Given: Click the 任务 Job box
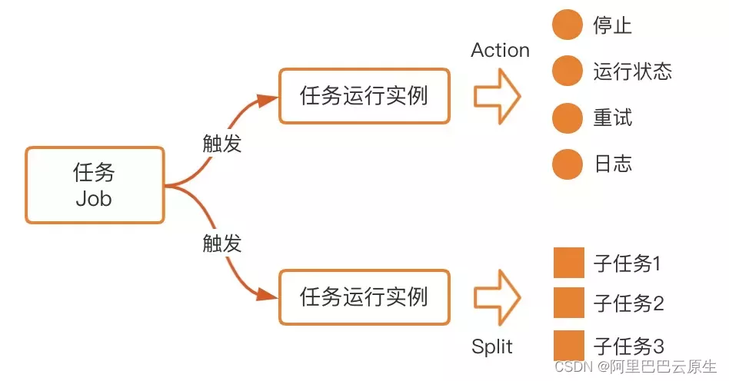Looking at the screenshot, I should (x=95, y=185).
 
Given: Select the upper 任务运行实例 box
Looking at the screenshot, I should (x=364, y=97).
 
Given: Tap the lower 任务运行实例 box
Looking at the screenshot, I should (x=364, y=297).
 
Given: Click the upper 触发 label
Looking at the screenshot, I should (x=222, y=143).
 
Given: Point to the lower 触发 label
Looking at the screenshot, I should (x=222, y=244).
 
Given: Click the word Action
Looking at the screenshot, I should (x=500, y=51).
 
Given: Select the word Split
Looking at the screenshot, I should (x=492, y=346).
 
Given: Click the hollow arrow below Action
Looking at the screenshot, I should (x=497, y=97).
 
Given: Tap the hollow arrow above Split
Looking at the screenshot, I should (x=497, y=297).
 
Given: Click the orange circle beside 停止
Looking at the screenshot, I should (x=568, y=25).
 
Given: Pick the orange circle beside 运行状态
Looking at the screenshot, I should (x=568, y=71).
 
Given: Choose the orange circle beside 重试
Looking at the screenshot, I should (x=568, y=118).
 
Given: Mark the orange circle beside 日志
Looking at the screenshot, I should (x=568, y=164).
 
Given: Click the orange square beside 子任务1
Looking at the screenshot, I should (x=570, y=263).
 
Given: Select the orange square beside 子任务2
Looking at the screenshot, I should (x=570, y=303).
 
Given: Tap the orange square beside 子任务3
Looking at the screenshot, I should (x=570, y=344).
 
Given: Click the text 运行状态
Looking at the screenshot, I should (x=632, y=71).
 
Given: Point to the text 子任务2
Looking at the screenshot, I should (x=628, y=303).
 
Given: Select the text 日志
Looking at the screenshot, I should (x=613, y=164).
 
